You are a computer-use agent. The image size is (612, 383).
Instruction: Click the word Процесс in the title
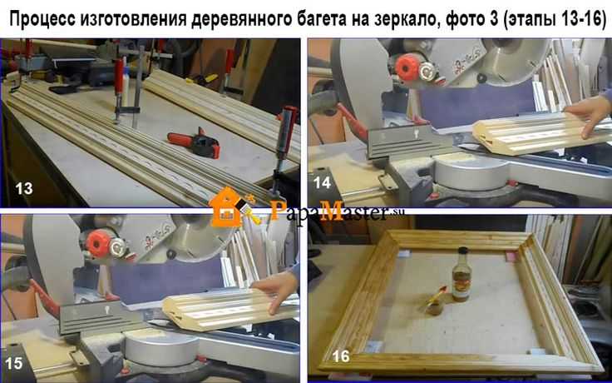pyautogui.click(x=48, y=17)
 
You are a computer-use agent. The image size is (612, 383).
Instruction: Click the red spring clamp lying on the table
pyautogui.click(x=195, y=142)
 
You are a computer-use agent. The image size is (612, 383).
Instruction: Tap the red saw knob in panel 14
pyautogui.click(x=407, y=67)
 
